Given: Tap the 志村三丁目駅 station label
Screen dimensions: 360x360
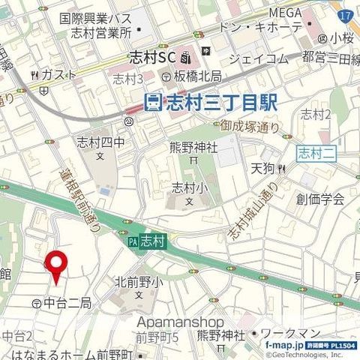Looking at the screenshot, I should [220, 100].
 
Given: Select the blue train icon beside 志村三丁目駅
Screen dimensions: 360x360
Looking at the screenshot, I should [153, 100].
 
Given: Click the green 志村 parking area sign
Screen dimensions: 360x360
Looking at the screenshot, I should [150, 242].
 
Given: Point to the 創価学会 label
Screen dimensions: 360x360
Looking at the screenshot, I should [319, 199].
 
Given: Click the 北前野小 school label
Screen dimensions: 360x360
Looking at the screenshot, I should [139, 282].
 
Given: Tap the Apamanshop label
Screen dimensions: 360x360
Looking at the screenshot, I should [180, 321].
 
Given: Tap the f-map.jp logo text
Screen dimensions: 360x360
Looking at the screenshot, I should [284, 345].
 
